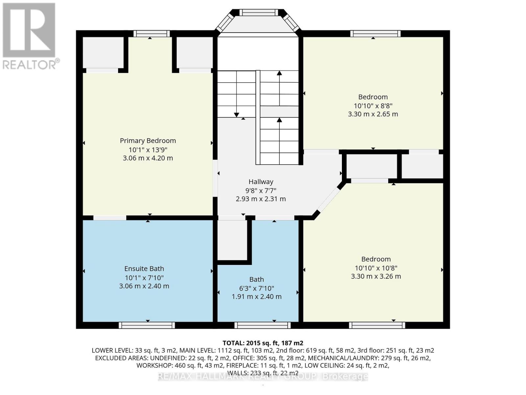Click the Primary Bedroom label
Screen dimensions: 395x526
[148, 141]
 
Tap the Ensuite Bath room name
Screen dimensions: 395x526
[144, 269]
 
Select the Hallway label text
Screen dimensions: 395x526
[261, 182]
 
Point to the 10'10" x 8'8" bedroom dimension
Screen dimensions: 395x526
[373, 106]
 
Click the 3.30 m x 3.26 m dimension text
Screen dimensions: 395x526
[376, 276]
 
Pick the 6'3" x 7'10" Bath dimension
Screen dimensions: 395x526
[256, 288]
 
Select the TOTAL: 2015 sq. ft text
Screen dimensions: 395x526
[263, 343]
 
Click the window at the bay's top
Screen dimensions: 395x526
[258, 13]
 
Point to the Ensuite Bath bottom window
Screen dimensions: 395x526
[147, 325]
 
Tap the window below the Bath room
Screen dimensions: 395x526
[262, 325]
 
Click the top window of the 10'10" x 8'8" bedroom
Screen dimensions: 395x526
[375, 34]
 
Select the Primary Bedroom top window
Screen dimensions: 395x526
[151, 34]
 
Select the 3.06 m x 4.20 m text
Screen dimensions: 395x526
[148, 158]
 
